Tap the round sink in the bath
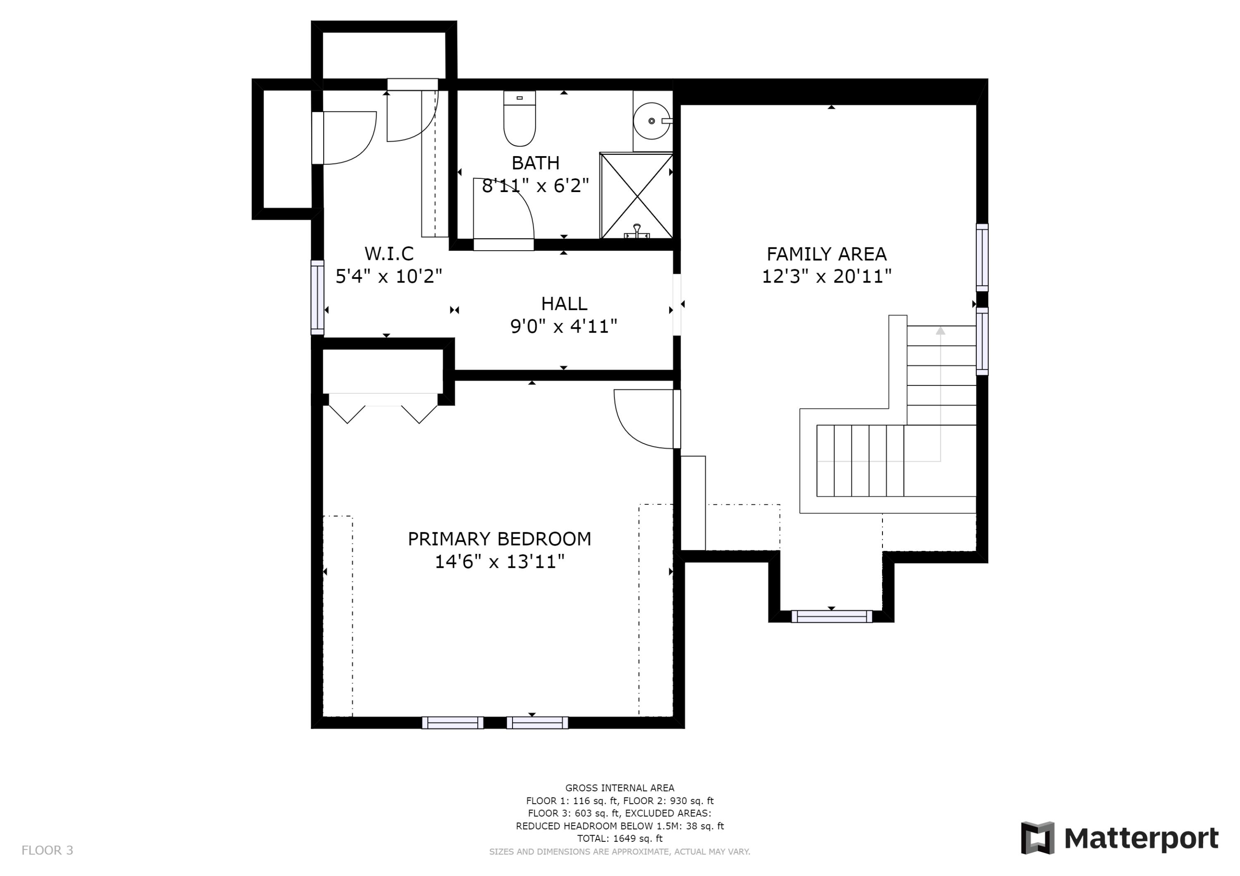click(x=652, y=121)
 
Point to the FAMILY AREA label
click(x=826, y=254)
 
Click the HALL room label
click(x=564, y=304)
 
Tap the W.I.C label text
click(x=389, y=253)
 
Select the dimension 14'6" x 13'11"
click(x=500, y=562)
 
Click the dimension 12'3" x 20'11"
click(x=826, y=276)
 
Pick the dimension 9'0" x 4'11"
click(x=564, y=327)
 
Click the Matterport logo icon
click(x=1037, y=838)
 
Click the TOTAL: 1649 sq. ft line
click(x=620, y=839)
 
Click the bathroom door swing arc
click(x=516, y=200)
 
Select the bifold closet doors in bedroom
click(x=383, y=408)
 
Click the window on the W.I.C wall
click(x=317, y=297)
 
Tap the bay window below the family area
click(x=831, y=616)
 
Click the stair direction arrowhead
click(x=940, y=330)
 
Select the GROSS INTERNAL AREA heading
click(x=620, y=788)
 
